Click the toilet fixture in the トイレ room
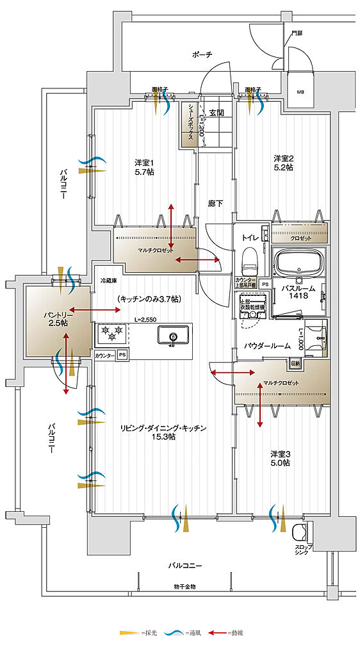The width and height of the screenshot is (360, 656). coord(250,259)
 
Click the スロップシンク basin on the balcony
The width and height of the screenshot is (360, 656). coord(300,533)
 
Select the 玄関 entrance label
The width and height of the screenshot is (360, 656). coord(216,113)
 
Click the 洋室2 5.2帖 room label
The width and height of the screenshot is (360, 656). coord(283,163)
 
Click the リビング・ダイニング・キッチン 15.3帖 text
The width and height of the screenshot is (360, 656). coord(161,432)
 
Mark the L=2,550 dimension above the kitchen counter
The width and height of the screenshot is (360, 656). coord(145,320)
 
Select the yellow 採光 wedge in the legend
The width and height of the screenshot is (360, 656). coord(128,633)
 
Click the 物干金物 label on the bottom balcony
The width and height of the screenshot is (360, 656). coord(184,587)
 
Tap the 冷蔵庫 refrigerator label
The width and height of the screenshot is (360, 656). coord(108,281)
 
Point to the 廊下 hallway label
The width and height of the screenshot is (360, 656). coord(216,203)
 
